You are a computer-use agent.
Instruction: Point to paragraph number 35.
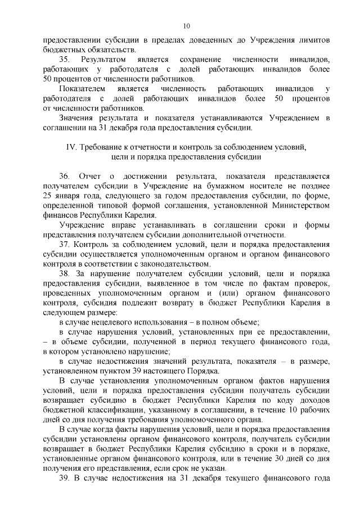64,59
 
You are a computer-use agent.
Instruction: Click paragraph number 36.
64,177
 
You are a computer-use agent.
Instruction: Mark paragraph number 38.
64,274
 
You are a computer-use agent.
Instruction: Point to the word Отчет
89,177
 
